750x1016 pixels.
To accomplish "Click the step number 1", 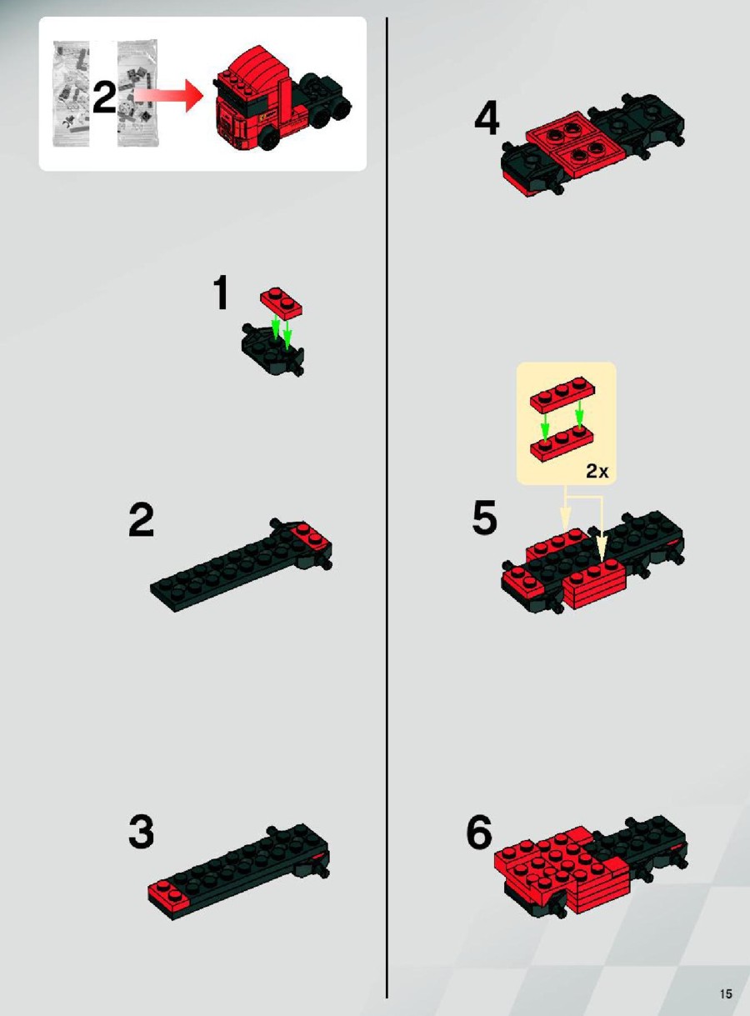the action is pos(221,293).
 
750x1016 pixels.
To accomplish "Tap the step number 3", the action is pos(141,832).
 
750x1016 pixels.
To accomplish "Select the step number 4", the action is pos(487,118).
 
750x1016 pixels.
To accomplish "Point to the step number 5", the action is pos(485,518).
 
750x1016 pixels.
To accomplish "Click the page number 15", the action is pos(726,990).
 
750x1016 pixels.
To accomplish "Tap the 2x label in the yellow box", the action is pos(597,471).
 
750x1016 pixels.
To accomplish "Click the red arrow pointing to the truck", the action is pos(168,95).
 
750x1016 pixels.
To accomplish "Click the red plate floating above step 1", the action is pos(281,303).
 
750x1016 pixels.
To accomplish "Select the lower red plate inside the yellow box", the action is pos(562,444).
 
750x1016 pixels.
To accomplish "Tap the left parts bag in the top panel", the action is pos(71,94).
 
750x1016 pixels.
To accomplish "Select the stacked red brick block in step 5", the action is pos(596,582).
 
